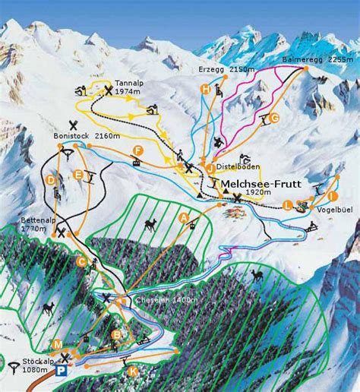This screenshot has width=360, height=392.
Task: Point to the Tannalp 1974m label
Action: pos(129,87)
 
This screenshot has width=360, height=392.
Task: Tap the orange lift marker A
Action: pos(183,217)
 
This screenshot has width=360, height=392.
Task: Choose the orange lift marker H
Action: pos(205,89)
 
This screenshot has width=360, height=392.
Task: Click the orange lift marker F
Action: pos(137,149)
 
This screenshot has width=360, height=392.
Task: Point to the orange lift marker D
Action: pos(50,180)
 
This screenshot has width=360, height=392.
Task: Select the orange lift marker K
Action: pos(133,371)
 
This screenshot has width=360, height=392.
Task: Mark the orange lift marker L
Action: pos(287,205)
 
